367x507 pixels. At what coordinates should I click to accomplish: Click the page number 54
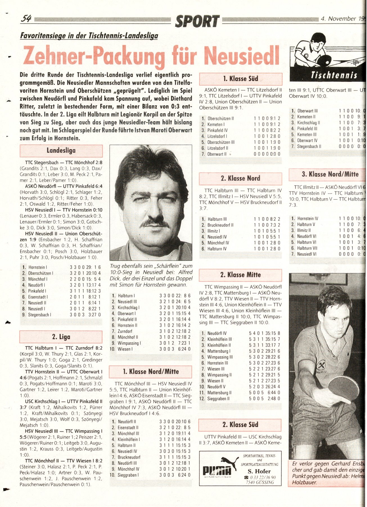pyautogui.click(x=26, y=19)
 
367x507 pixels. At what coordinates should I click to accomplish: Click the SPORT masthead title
pyautogui.click(x=197, y=21)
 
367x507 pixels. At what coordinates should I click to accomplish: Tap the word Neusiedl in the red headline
pyautogui.click(x=242, y=55)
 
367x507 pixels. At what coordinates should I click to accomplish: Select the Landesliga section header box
pyautogui.click(x=61, y=151)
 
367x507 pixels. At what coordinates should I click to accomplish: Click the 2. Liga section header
pyautogui.click(x=61, y=337)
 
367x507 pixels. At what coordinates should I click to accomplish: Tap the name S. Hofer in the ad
pyautogui.click(x=259, y=471)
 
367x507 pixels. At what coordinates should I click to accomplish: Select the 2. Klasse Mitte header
pyautogui.click(x=240, y=275)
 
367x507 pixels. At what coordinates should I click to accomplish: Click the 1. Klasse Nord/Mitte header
pyautogui.click(x=150, y=372)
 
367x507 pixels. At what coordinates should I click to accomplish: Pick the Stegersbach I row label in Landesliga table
pyautogui.click(x=39, y=315)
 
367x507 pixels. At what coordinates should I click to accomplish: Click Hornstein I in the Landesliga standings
pyautogui.click(x=38, y=267)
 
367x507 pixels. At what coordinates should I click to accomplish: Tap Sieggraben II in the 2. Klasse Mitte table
pyautogui.click(x=218, y=399)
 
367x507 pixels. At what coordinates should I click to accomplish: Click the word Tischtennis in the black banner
pyautogui.click(x=334, y=75)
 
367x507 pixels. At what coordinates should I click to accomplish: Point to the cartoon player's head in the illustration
pyautogui.click(x=318, y=41)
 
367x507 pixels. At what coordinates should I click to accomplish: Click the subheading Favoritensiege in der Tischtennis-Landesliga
pyautogui.click(x=89, y=36)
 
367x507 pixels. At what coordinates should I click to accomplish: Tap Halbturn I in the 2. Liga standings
pyautogui.click(x=126, y=296)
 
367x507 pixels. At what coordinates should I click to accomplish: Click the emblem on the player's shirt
pyautogui.click(x=322, y=366)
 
